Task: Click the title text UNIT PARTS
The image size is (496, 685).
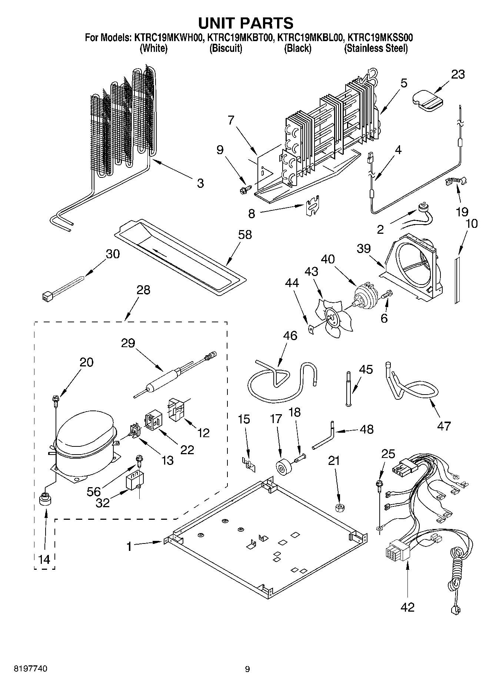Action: coord(246,23)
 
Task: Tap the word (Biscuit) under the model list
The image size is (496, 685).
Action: coord(226,49)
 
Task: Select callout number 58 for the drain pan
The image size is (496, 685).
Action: coord(245,235)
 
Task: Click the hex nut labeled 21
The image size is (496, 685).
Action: coord(338,508)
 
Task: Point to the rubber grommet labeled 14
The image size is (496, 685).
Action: coord(45,500)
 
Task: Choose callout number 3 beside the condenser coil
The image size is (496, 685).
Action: coord(200,183)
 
